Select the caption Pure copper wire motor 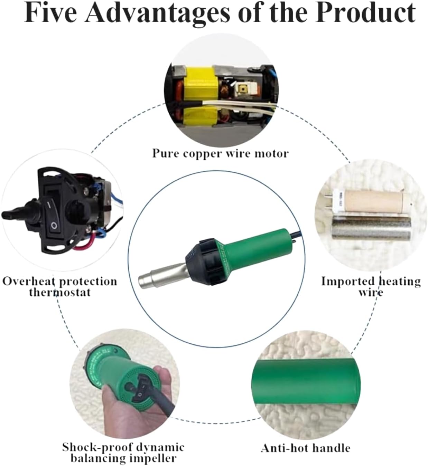(x=220, y=153)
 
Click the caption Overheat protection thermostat (x=59, y=287)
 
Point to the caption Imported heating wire (x=371, y=287)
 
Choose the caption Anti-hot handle (x=305, y=448)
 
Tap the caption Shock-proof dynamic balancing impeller (x=123, y=453)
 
